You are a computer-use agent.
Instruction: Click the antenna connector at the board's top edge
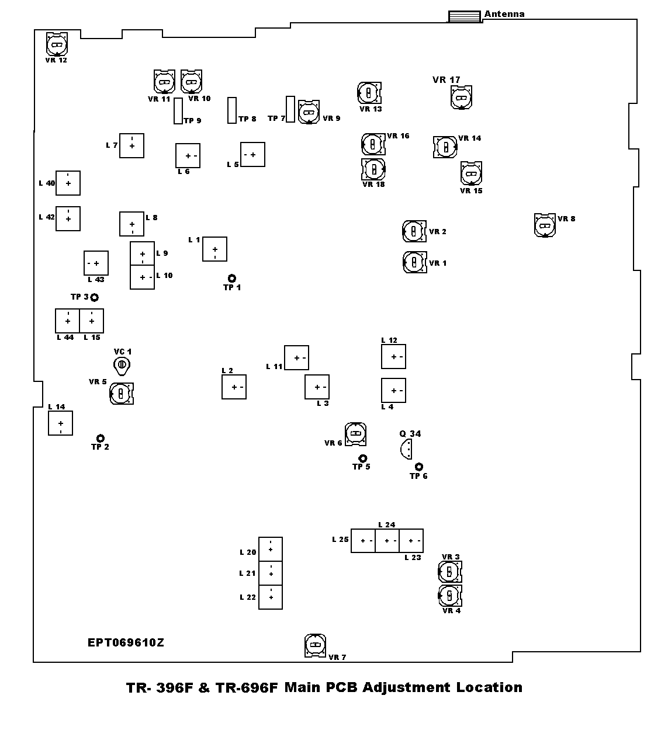[x=465, y=16]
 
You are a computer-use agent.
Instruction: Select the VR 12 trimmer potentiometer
[x=57, y=44]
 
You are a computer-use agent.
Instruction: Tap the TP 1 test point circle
[x=232, y=278]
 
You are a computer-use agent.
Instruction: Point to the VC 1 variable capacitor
[x=122, y=365]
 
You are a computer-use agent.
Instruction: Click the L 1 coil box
[x=214, y=249]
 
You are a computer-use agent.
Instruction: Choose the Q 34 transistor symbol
[x=406, y=449]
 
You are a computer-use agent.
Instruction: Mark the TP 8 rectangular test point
[x=231, y=110]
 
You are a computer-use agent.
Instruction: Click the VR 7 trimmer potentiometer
[x=316, y=645]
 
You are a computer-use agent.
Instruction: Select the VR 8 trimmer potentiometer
[x=545, y=225]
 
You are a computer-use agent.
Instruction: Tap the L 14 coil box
[x=60, y=423]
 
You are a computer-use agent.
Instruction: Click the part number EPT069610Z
[x=126, y=643]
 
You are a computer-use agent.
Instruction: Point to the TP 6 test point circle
[x=419, y=467]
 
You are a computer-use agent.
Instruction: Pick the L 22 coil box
[x=271, y=597]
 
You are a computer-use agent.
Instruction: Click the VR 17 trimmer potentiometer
[x=461, y=97]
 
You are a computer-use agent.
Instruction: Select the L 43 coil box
[x=96, y=263]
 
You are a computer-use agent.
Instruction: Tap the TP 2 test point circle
[x=101, y=438]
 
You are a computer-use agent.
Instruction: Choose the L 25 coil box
[x=363, y=541]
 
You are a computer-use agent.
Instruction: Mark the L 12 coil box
[x=393, y=356]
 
